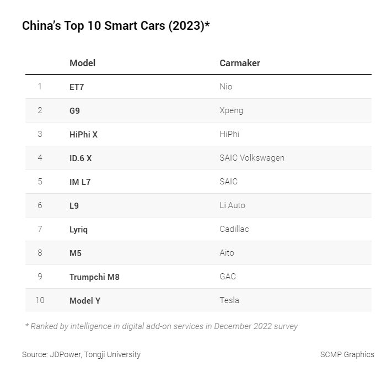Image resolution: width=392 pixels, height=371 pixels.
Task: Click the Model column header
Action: [83, 63]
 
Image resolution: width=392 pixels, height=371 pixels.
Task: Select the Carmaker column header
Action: [240, 63]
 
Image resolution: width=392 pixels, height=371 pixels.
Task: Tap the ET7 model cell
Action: [77, 87]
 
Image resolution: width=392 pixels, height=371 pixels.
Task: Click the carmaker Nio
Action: [225, 87]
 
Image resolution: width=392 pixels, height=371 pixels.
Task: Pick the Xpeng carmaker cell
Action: [231, 110]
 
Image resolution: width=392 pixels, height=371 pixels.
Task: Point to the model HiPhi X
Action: [83, 135]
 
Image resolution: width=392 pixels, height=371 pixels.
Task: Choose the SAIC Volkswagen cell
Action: [252, 158]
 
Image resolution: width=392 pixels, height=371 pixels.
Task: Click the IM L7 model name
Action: [80, 182]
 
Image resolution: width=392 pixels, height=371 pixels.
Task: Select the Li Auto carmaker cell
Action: [232, 205]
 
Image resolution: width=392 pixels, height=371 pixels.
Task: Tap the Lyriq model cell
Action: [78, 230]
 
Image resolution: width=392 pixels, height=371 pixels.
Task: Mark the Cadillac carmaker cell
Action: [234, 229]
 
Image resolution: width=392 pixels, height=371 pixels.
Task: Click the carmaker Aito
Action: [227, 253]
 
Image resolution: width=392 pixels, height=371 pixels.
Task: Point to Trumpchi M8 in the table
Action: [94, 277]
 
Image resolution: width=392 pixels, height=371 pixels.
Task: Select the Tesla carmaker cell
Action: [229, 300]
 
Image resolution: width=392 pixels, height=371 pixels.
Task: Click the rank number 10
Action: [40, 300]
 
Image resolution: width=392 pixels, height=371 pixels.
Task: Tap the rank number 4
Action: [40, 158]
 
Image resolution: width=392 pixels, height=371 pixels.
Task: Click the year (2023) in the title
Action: [187, 26]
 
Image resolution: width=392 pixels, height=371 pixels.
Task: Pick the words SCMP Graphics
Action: [347, 354]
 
